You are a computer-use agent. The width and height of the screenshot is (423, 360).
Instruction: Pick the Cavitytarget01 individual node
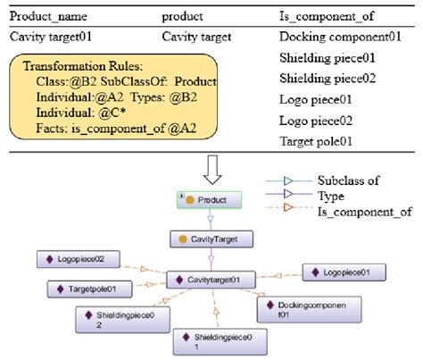click(211, 280)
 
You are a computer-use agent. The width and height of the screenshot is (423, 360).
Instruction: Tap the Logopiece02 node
click(77, 259)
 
